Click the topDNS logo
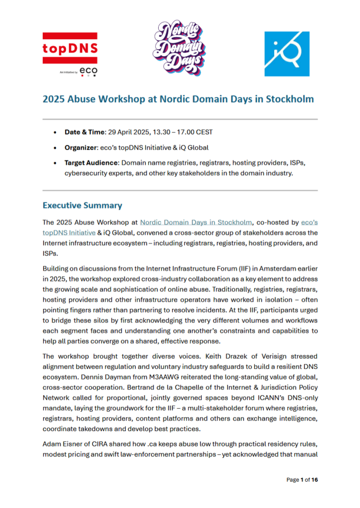69,49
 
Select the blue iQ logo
286,54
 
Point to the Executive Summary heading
82,205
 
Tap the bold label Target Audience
91,163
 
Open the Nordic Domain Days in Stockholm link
196,223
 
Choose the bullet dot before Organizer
54,148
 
